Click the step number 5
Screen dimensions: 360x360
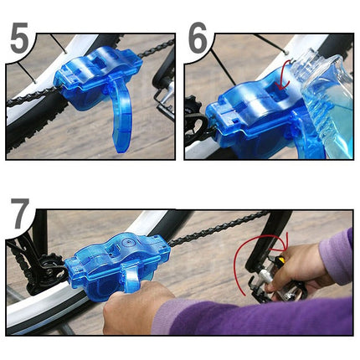tap(22, 41)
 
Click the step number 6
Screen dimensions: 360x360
tap(199, 39)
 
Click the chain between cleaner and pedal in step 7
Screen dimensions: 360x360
tap(209, 229)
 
